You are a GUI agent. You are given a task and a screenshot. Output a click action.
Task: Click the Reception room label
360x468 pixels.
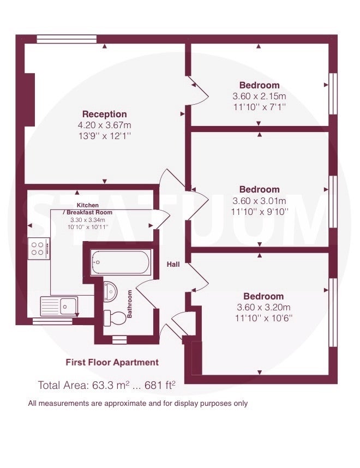105,114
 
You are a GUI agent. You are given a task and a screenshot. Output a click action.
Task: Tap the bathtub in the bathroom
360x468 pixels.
121,262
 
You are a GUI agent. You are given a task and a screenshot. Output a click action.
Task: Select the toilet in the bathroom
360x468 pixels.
115,318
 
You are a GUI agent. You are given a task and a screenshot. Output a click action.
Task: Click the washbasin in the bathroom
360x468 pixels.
110,291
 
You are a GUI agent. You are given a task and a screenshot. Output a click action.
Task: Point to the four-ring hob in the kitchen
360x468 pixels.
39,248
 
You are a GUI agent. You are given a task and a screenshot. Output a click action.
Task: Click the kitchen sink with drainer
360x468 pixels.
59,305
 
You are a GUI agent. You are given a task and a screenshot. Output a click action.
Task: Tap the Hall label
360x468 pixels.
173,265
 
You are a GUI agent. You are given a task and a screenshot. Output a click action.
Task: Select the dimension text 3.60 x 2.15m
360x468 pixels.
259,97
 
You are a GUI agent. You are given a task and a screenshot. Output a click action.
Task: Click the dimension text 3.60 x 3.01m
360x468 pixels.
259,201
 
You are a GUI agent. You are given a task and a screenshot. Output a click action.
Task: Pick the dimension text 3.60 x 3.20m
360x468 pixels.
263,307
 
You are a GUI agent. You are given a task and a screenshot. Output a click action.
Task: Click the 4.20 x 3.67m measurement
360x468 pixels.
105,125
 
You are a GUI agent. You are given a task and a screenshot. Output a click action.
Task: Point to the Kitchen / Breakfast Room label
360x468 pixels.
88,208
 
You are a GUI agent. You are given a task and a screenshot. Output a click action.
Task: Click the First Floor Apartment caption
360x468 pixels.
112,362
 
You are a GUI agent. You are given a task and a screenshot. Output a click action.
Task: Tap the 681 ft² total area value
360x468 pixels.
160,385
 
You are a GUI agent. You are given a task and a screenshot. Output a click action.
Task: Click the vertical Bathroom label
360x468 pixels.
130,304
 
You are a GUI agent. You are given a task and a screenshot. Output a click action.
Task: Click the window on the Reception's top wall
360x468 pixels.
67,39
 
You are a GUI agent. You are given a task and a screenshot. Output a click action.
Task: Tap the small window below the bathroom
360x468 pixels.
119,340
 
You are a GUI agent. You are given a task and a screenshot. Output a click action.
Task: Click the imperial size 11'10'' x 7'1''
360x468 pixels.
260,107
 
